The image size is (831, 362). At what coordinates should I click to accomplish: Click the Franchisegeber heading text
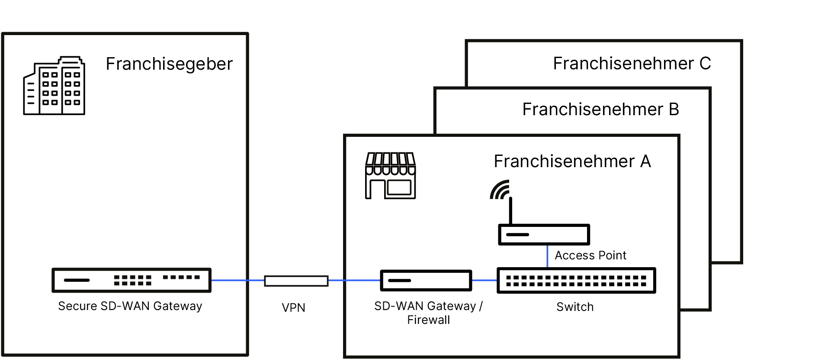pos(169,64)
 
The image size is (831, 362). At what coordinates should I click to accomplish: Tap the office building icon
pos(54,86)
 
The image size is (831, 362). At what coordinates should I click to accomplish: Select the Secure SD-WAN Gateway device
pos(132,280)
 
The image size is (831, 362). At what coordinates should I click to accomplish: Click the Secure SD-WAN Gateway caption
pos(130,306)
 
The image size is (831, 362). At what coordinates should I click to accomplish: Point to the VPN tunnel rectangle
pos(296,281)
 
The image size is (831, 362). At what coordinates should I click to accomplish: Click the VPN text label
pos(293,308)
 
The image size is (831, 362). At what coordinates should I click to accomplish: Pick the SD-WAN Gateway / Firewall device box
pos(426,281)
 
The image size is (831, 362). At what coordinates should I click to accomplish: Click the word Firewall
pos(428,320)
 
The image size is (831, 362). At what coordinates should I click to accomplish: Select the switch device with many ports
pos(576,281)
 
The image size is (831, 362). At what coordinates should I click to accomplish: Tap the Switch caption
pos(575,307)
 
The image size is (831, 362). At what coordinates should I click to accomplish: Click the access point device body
pos(544,235)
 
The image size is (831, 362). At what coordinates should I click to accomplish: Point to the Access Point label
pos(590,255)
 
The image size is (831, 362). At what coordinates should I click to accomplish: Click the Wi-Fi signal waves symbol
pos(500,190)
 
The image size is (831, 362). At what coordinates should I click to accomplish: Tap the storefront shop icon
pos(391,176)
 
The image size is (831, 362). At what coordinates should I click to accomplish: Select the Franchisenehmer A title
pos(572,162)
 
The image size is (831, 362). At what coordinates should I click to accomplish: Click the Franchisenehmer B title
pos(600,110)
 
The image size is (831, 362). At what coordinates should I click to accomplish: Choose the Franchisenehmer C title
pos(632,64)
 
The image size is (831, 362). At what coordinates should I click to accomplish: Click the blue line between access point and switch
pos(547,256)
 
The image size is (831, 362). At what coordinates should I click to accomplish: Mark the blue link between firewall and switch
pos(484,281)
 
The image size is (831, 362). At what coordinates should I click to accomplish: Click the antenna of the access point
pos(510,211)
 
